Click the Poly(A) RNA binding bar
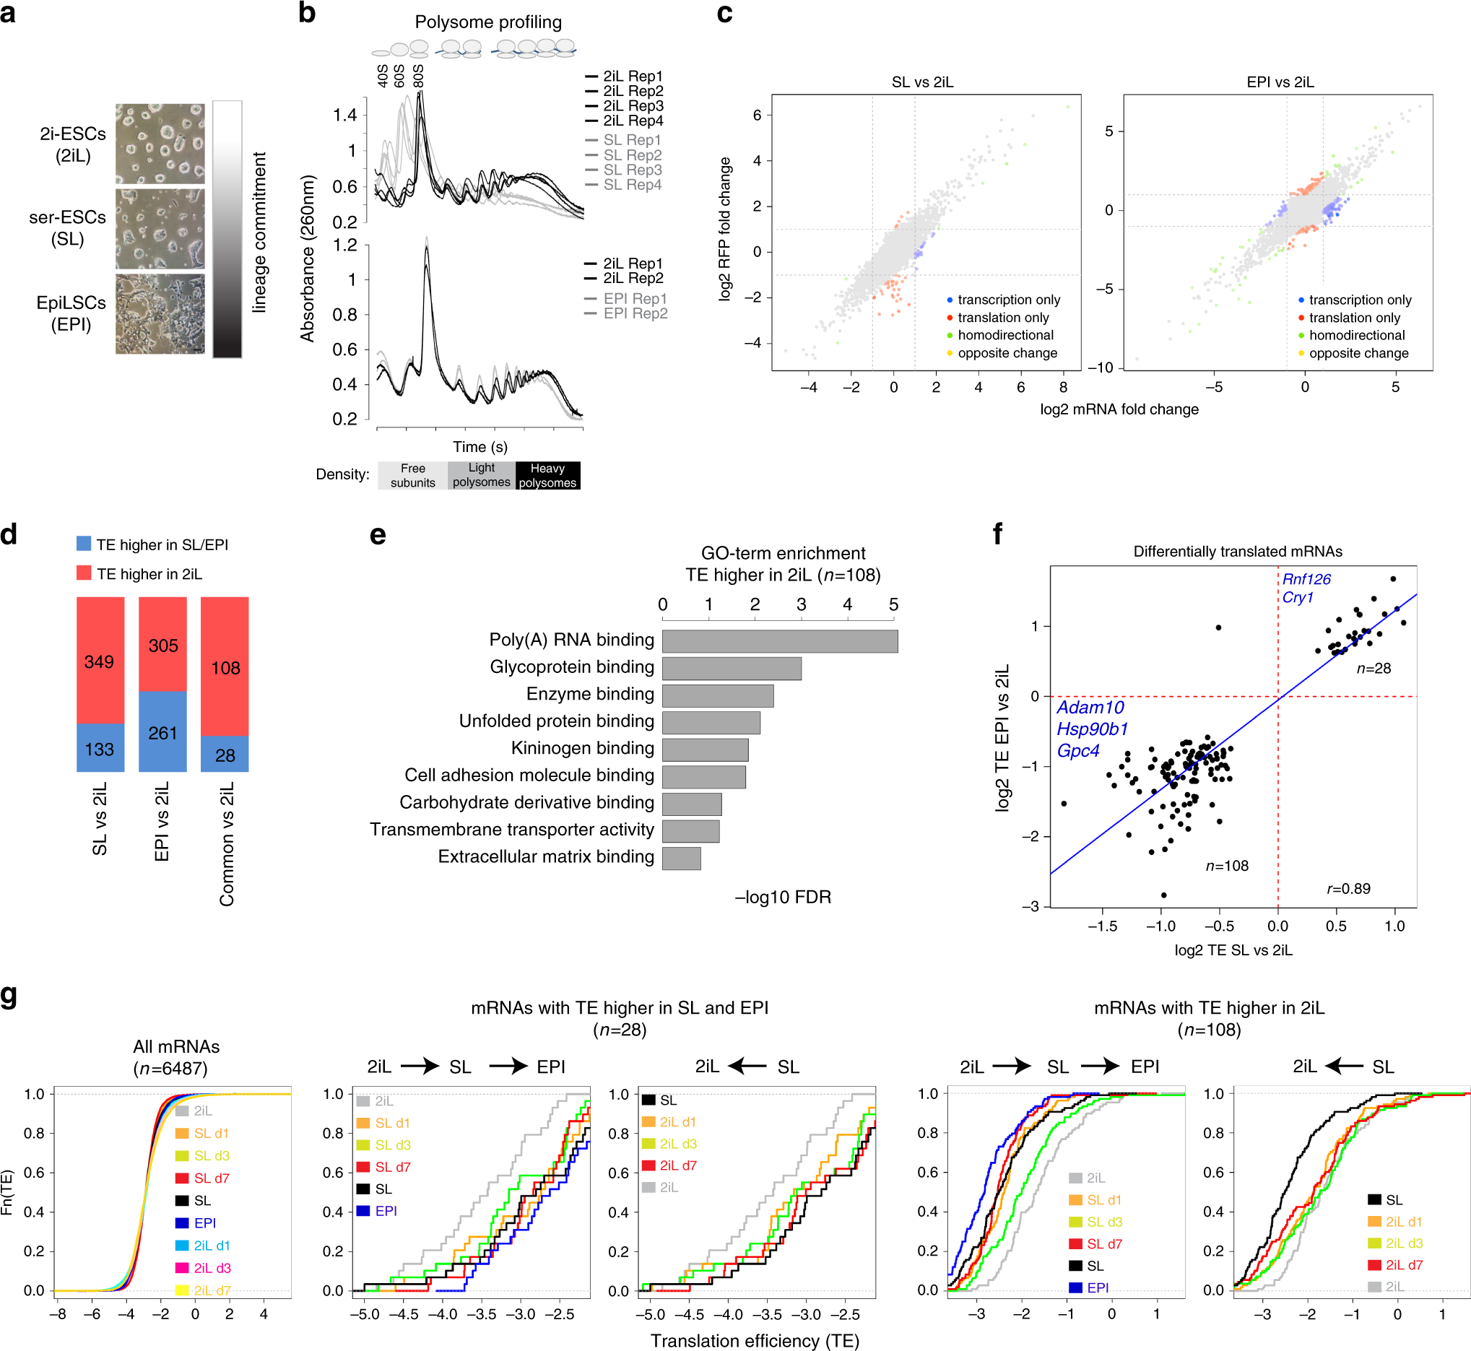pyautogui.click(x=779, y=641)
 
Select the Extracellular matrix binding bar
pyautogui.click(x=682, y=859)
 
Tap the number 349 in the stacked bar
pyautogui.click(x=100, y=661)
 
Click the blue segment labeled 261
pyautogui.click(x=163, y=731)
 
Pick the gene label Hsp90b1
pyautogui.click(x=1093, y=729)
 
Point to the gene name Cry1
pyautogui.click(x=1298, y=597)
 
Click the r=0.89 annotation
pyautogui.click(x=1349, y=888)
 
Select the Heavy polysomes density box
pyautogui.click(x=547, y=475)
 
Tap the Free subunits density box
pyautogui.click(x=412, y=475)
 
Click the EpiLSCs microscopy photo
pyautogui.click(x=160, y=314)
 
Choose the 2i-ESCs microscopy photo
pyautogui.click(x=160, y=143)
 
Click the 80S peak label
pyautogui.click(x=418, y=76)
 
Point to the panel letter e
pyautogui.click(x=377, y=535)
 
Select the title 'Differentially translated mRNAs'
pyautogui.click(x=1238, y=551)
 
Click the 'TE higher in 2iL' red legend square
pyautogui.click(x=84, y=573)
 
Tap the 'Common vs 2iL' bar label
pyautogui.click(x=226, y=843)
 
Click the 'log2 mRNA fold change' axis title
pyautogui.click(x=1119, y=409)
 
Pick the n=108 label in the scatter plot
pyautogui.click(x=1227, y=866)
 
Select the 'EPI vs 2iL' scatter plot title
pyautogui.click(x=1280, y=82)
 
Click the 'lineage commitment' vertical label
pyautogui.click(x=259, y=233)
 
